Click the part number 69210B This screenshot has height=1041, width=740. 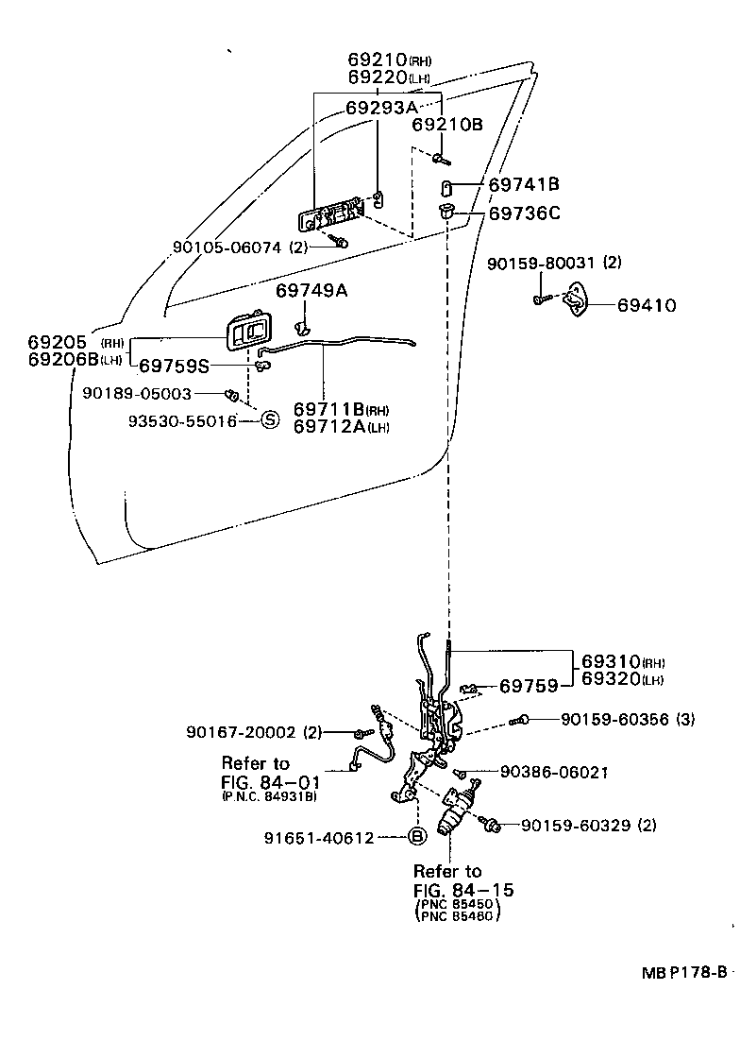click(446, 124)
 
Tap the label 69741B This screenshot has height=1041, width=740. click(524, 184)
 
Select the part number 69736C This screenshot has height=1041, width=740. click(524, 213)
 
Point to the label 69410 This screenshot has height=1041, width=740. click(647, 306)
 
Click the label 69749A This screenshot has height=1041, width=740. click(311, 290)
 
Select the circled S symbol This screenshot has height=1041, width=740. click(269, 420)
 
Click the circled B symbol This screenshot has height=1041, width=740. click(418, 836)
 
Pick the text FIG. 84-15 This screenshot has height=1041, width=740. click(462, 891)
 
